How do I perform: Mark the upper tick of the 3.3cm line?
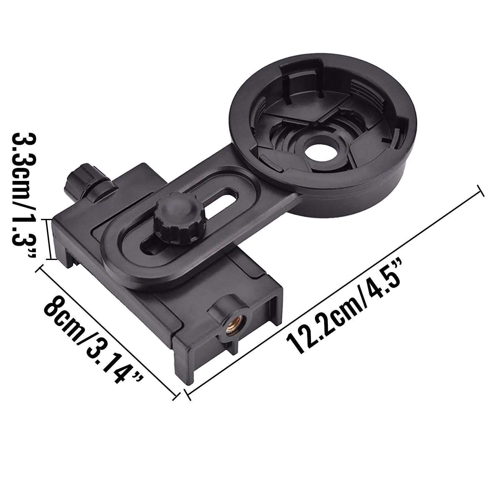point(47,220)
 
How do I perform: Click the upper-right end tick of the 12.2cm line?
point(480,191)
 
